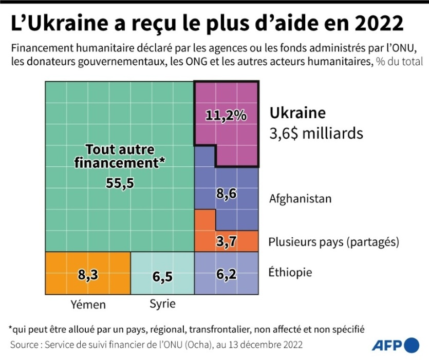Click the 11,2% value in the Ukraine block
(226, 116)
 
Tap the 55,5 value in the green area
(120, 183)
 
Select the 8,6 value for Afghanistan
(227, 194)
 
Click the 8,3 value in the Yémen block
(88, 275)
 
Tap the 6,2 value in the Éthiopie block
(227, 275)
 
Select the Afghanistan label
(301, 198)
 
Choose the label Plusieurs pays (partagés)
(334, 241)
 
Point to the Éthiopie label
(291, 272)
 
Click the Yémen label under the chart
(88, 305)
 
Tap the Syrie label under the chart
(162, 304)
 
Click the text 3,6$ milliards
(316, 133)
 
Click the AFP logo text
(386, 345)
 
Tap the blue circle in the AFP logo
(412, 345)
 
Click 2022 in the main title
(374, 24)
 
